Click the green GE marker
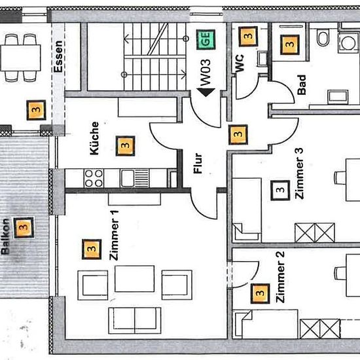coord(206,39)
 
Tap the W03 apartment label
coord(205,72)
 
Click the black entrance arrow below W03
coord(206,92)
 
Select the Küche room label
coord(94,138)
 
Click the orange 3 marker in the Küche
coord(126,146)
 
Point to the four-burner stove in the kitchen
coord(94,179)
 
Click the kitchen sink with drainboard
coord(135,178)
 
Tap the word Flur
coord(198,163)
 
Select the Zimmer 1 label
coord(114,235)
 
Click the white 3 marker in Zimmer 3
coord(280,190)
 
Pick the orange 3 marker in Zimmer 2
coord(260,293)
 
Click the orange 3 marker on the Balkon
coord(24,228)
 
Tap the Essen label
coord(58,56)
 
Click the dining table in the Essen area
coord(21,58)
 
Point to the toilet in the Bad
coord(323,38)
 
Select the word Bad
coord(302,84)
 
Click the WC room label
coord(240,63)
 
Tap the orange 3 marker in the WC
coord(248,36)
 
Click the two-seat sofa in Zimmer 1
coord(135,321)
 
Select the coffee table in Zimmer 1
coord(135,279)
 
